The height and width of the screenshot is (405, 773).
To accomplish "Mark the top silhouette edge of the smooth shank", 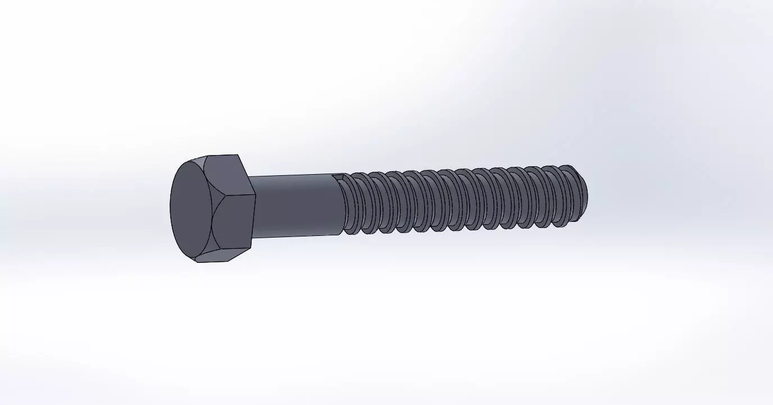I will coord(295,175).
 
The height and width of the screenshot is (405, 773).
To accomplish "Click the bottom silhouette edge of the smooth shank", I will coord(295,236).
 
